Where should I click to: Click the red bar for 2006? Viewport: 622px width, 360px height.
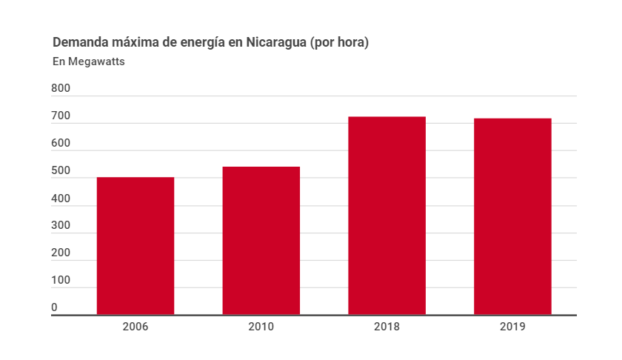pyautogui.click(x=136, y=246)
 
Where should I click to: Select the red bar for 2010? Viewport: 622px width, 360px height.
pyautogui.click(x=261, y=241)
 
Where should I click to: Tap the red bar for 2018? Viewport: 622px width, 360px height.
pyautogui.click(x=387, y=216)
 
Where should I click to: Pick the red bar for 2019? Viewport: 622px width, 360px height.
pyautogui.click(x=512, y=216)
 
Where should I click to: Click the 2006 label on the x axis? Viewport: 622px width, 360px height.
pyautogui.click(x=136, y=327)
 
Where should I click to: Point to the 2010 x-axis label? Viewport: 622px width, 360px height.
pyautogui.click(x=261, y=327)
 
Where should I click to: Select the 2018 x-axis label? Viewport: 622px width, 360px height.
pyautogui.click(x=387, y=327)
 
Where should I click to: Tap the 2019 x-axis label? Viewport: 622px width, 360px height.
pyautogui.click(x=512, y=327)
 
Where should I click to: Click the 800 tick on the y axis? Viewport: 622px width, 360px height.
pyautogui.click(x=61, y=89)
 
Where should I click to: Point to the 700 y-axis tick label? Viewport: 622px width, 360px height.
pyautogui.click(x=61, y=116)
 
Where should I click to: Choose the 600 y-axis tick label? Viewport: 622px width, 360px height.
pyautogui.click(x=61, y=144)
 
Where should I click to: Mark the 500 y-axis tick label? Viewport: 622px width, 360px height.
pyautogui.click(x=61, y=171)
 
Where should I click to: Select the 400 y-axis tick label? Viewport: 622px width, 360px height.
pyautogui.click(x=61, y=199)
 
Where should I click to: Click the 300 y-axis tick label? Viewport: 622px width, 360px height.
pyautogui.click(x=61, y=226)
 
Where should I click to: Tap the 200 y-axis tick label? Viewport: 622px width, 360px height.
pyautogui.click(x=61, y=253)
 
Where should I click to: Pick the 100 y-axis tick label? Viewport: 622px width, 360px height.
pyautogui.click(x=61, y=281)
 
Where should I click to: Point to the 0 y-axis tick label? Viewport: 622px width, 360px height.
pyautogui.click(x=55, y=307)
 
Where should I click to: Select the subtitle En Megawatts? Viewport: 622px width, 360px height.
pyautogui.click(x=88, y=61)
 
